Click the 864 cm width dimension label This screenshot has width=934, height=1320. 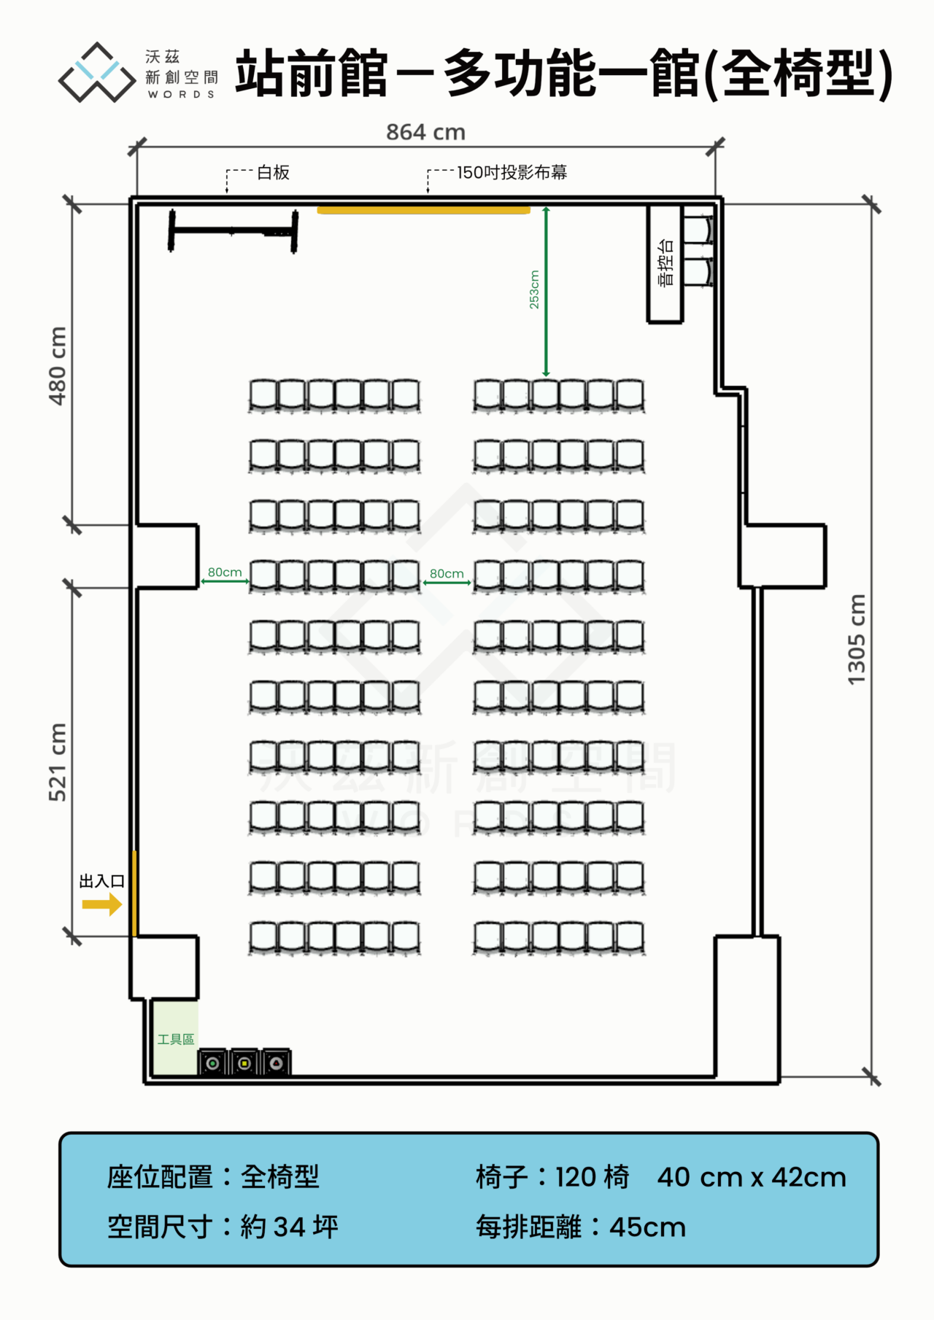425,132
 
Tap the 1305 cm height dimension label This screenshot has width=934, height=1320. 856,640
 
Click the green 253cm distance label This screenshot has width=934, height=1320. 534,290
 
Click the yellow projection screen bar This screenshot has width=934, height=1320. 424,210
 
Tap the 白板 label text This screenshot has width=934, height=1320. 274,172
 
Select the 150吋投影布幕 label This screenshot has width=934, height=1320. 512,172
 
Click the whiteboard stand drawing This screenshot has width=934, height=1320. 233,231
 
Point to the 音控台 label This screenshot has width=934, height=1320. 665,263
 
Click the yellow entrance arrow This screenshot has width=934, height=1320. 102,905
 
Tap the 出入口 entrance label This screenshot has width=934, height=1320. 101,881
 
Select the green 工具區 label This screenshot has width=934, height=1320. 176,1039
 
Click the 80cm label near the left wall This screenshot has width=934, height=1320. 225,572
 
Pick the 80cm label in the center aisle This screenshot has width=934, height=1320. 447,574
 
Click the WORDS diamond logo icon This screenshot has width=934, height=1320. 98,72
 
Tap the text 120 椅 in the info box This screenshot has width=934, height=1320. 592,1177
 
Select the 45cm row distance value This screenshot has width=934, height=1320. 648,1227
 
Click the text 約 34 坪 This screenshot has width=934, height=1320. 290,1227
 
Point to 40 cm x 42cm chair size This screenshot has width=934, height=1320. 752,1177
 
